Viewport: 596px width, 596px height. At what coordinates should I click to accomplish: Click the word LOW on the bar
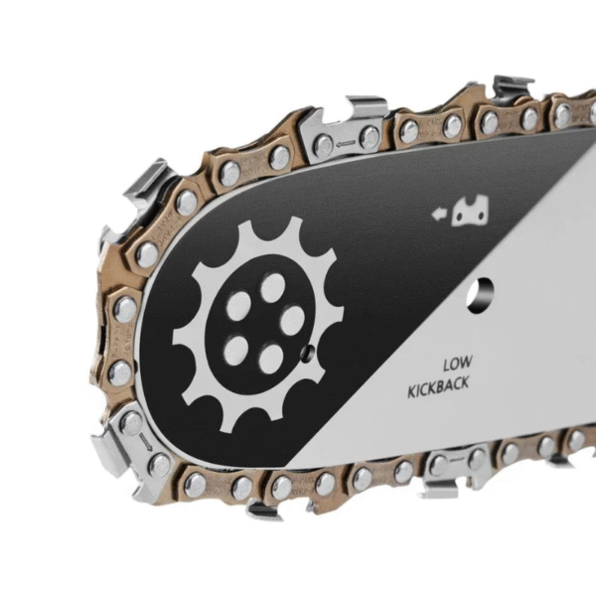click(458, 364)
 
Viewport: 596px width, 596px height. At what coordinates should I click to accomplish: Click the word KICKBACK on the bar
click(438, 386)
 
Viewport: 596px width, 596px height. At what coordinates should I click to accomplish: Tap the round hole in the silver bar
click(480, 296)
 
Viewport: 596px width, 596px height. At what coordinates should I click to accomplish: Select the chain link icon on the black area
click(470, 211)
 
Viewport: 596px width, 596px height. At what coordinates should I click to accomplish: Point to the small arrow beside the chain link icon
click(438, 215)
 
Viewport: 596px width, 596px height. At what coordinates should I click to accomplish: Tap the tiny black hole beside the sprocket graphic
click(307, 354)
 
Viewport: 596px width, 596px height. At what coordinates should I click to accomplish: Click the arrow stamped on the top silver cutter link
click(346, 144)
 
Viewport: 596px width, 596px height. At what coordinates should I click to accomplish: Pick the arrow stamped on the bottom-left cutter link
click(145, 442)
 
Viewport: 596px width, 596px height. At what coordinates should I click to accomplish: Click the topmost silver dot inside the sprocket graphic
click(272, 288)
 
